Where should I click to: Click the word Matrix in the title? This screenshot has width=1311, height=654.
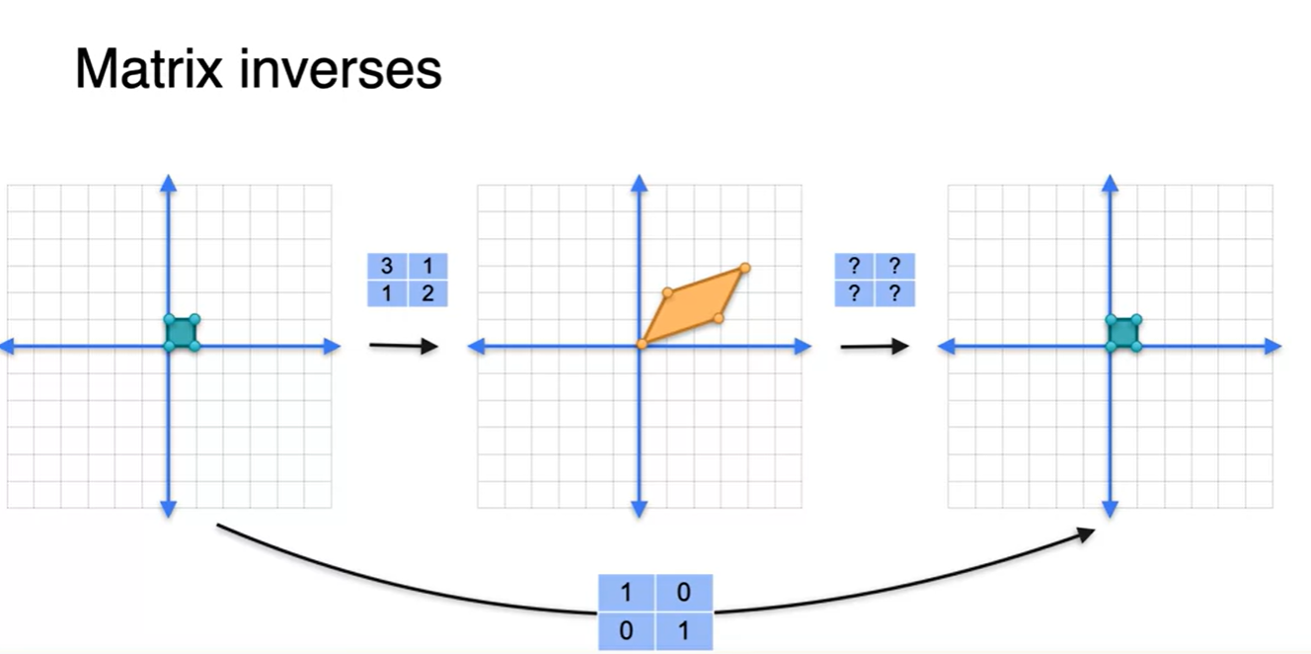(145, 69)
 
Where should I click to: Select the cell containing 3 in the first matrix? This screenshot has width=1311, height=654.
(387, 266)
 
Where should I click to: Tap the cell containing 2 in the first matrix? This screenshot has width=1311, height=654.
(427, 293)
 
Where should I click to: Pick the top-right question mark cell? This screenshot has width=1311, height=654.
(894, 266)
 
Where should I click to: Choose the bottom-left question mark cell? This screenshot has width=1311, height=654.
(855, 293)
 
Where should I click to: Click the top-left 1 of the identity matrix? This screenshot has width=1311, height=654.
(626, 593)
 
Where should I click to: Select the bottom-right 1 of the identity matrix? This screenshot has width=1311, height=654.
(683, 630)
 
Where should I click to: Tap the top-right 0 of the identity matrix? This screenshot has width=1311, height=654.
(683, 593)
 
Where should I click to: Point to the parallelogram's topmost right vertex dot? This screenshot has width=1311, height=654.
(744, 268)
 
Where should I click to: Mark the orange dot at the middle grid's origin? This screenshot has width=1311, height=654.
(641, 344)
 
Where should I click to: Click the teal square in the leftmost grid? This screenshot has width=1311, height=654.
(181, 332)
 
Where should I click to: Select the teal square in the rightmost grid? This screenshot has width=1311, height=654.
(1123, 332)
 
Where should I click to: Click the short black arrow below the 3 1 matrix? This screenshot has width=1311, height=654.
(403, 346)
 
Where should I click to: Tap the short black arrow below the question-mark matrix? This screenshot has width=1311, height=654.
(874, 346)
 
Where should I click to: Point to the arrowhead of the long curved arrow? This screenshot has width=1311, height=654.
(1086, 533)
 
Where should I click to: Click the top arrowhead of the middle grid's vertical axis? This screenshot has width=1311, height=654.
(639, 183)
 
